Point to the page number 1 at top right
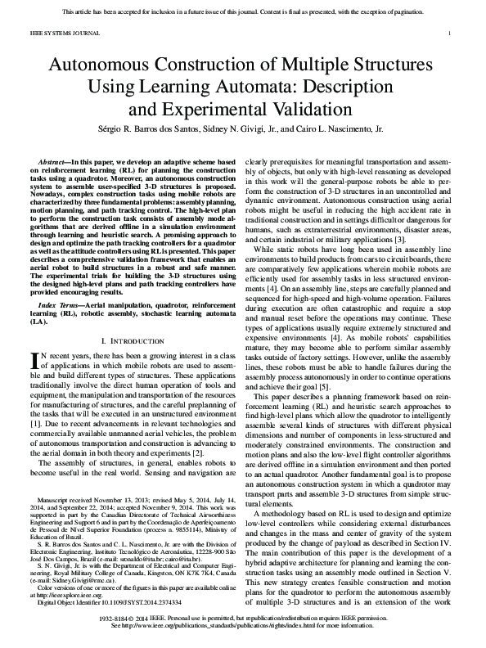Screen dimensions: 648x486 coord(452,34)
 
